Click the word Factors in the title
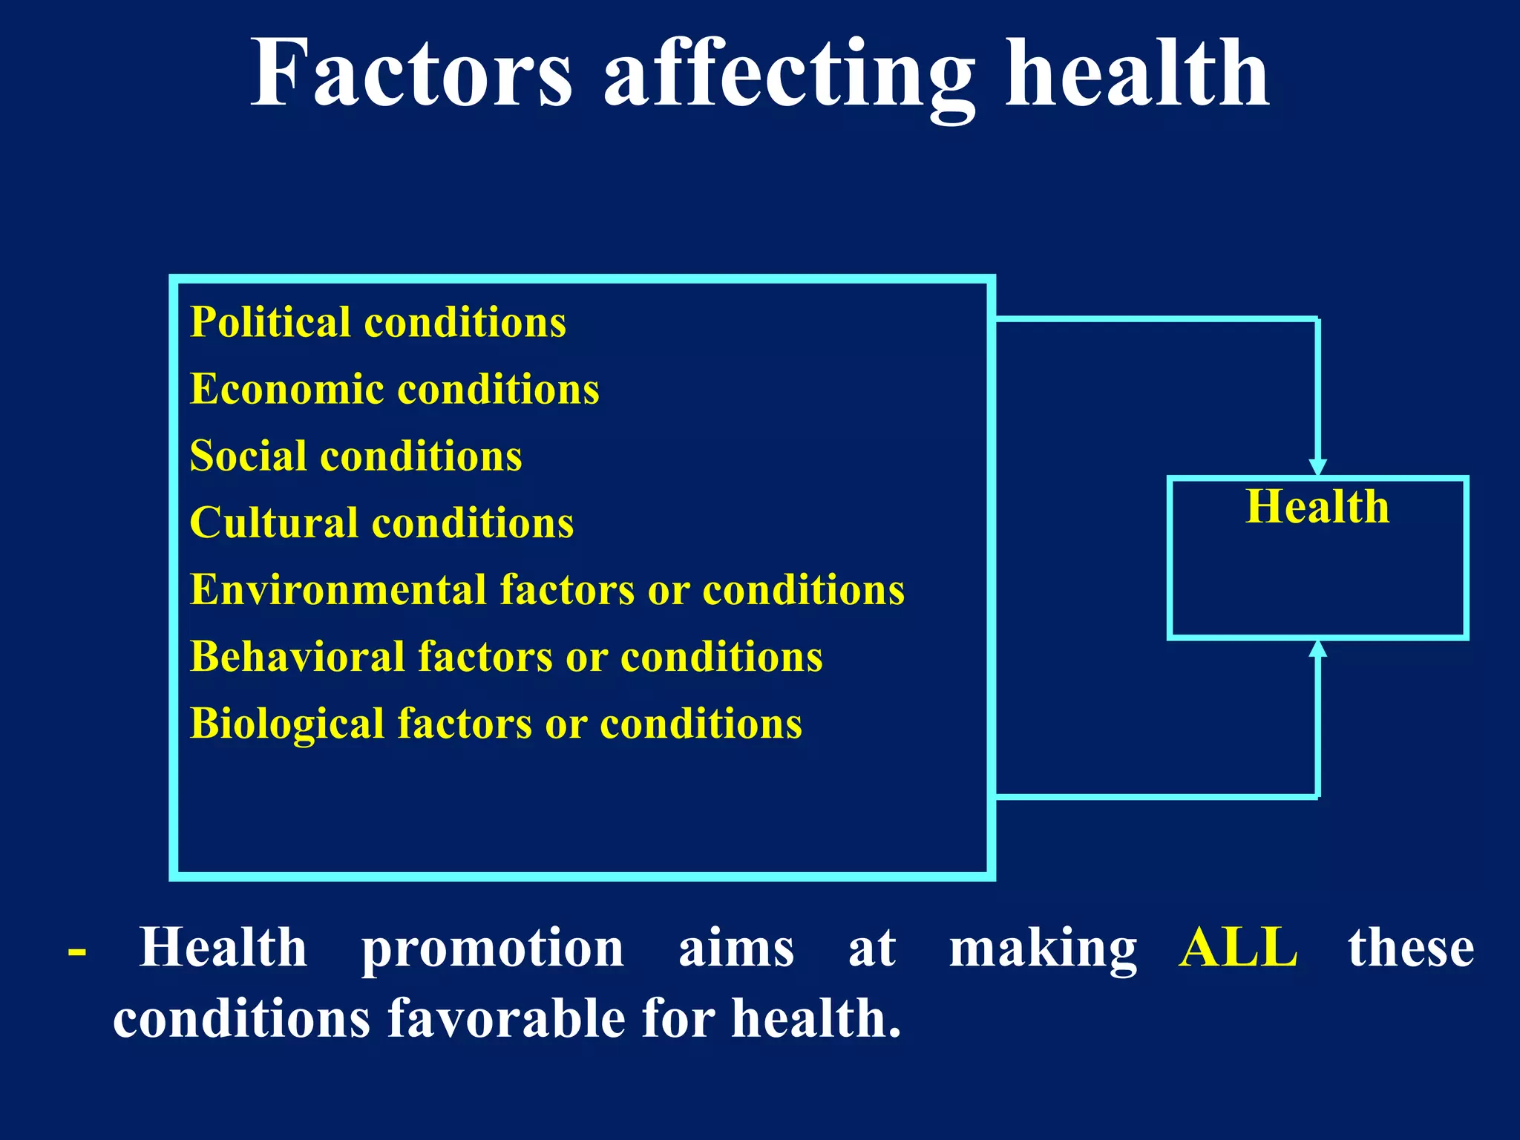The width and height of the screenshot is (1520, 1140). [x=412, y=74]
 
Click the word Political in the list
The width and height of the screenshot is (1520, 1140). [x=270, y=323]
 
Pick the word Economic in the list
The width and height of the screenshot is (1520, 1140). [x=286, y=390]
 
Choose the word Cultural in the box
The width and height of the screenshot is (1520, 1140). [x=274, y=523]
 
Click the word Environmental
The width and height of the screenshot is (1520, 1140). [x=338, y=590]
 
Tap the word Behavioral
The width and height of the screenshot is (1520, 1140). [x=297, y=658]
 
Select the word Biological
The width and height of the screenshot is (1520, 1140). [x=286, y=724]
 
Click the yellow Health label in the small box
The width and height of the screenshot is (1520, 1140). [x=1317, y=507]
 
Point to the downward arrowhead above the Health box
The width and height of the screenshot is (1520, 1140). [x=1317, y=468]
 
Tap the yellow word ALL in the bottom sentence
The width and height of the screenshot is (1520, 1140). [x=1238, y=949]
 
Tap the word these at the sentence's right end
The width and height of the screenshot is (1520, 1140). [x=1411, y=949]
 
